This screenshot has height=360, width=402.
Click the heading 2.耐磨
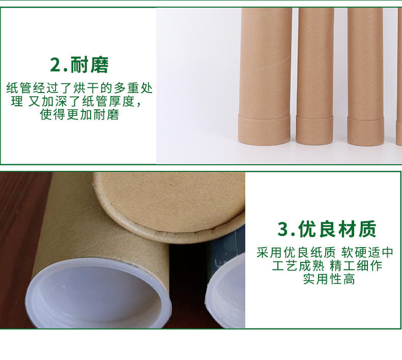(x=79, y=65)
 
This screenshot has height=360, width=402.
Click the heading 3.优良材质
(x=327, y=229)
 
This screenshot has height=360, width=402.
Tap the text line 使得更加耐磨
(x=79, y=114)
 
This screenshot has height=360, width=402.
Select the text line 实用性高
(x=329, y=279)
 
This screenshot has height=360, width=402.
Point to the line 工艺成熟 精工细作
(x=327, y=265)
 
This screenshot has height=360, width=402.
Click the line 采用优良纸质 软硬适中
(x=325, y=252)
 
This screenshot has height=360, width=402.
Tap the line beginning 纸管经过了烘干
(x=79, y=88)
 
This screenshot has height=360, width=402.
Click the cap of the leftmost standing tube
(x=264, y=130)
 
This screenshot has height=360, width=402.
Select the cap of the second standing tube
(x=314, y=130)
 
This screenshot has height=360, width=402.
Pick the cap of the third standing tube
(x=365, y=131)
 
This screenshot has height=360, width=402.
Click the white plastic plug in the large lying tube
(x=98, y=294)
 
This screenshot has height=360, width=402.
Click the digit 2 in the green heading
(x=55, y=65)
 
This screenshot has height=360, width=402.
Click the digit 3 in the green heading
(x=283, y=229)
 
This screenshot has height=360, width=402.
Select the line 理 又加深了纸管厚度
(x=76, y=101)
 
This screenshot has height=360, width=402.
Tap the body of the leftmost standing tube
(x=266, y=62)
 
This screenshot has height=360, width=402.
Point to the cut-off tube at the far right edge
(x=399, y=77)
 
